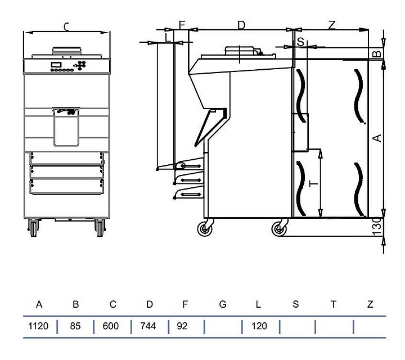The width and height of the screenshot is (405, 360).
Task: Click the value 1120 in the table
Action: pos(39,326)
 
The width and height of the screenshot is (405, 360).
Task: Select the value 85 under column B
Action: pos(76,326)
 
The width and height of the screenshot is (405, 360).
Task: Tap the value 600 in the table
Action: pos(111,326)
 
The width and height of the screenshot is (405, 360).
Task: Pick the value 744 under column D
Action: pos(148,326)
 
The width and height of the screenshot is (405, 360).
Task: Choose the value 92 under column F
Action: pos(182,326)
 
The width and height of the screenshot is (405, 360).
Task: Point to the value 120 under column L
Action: pos(259,326)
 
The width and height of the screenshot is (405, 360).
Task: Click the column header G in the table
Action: pos(223,304)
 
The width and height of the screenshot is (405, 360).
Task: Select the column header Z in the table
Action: pos(370,304)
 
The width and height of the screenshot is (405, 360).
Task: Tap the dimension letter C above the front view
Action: pos(66,26)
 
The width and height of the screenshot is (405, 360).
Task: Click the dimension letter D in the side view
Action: pos(241,25)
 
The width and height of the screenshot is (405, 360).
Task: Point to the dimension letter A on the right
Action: pos(378,137)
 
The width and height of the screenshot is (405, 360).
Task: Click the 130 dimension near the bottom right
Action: pos(377,227)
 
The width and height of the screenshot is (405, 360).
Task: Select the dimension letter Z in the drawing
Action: pos(332,25)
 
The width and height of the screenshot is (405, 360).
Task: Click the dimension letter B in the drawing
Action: pos(377,54)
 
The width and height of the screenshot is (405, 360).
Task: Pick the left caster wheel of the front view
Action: pos(33,228)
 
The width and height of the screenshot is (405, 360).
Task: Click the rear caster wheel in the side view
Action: pos(278,228)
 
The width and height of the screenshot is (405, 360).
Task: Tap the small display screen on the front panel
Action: pos(56,65)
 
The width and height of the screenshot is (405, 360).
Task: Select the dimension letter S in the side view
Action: pos(300,41)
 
